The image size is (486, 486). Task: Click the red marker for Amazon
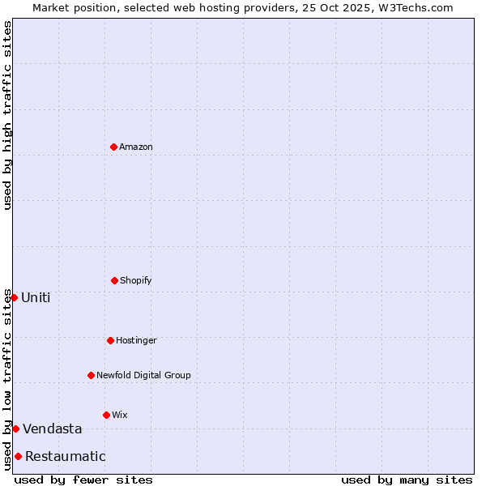[113, 147]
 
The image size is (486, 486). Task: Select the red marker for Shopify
[114, 280]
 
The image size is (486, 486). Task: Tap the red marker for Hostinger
[110, 340]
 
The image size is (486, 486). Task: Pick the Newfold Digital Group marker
[91, 375]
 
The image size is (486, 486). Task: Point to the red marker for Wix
[106, 415]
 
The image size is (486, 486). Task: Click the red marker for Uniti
[14, 297]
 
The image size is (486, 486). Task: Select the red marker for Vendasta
[15, 428]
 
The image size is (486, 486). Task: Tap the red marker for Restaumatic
[18, 456]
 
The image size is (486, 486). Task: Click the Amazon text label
[136, 147]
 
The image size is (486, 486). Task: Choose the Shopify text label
[136, 281]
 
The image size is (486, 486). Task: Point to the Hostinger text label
[136, 341]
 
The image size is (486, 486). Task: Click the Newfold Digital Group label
[143, 376]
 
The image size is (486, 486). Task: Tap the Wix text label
[120, 416]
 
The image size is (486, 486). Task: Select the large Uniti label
[36, 298]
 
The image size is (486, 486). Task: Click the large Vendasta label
[53, 429]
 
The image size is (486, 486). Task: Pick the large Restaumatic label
[66, 457]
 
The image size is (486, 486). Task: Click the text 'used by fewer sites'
[83, 480]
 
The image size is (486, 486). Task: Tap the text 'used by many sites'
[407, 480]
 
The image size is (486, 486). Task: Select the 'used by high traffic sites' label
[7, 115]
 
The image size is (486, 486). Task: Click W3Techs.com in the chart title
[413, 7]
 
